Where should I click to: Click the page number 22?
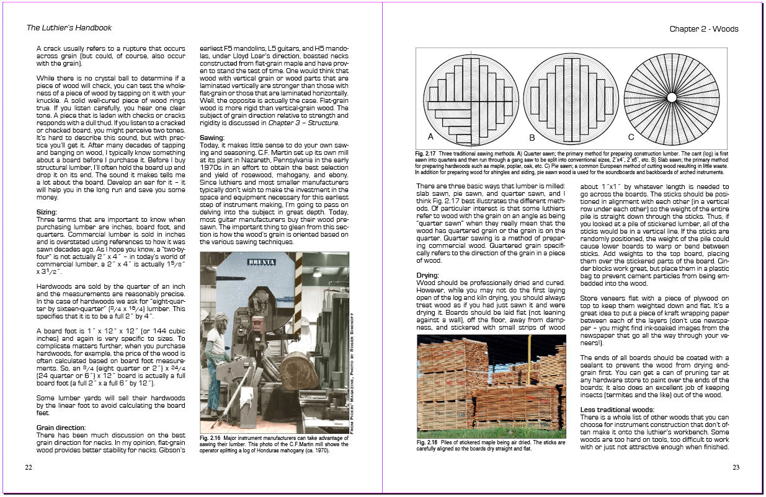click(29, 467)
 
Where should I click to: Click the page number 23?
click(736, 467)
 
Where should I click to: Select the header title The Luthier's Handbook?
click(69, 28)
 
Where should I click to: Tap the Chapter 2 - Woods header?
click(704, 29)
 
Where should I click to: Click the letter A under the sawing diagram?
click(430, 136)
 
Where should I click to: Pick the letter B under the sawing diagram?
click(532, 136)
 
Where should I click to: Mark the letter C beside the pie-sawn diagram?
click(631, 136)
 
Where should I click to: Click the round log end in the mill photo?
click(300, 370)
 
